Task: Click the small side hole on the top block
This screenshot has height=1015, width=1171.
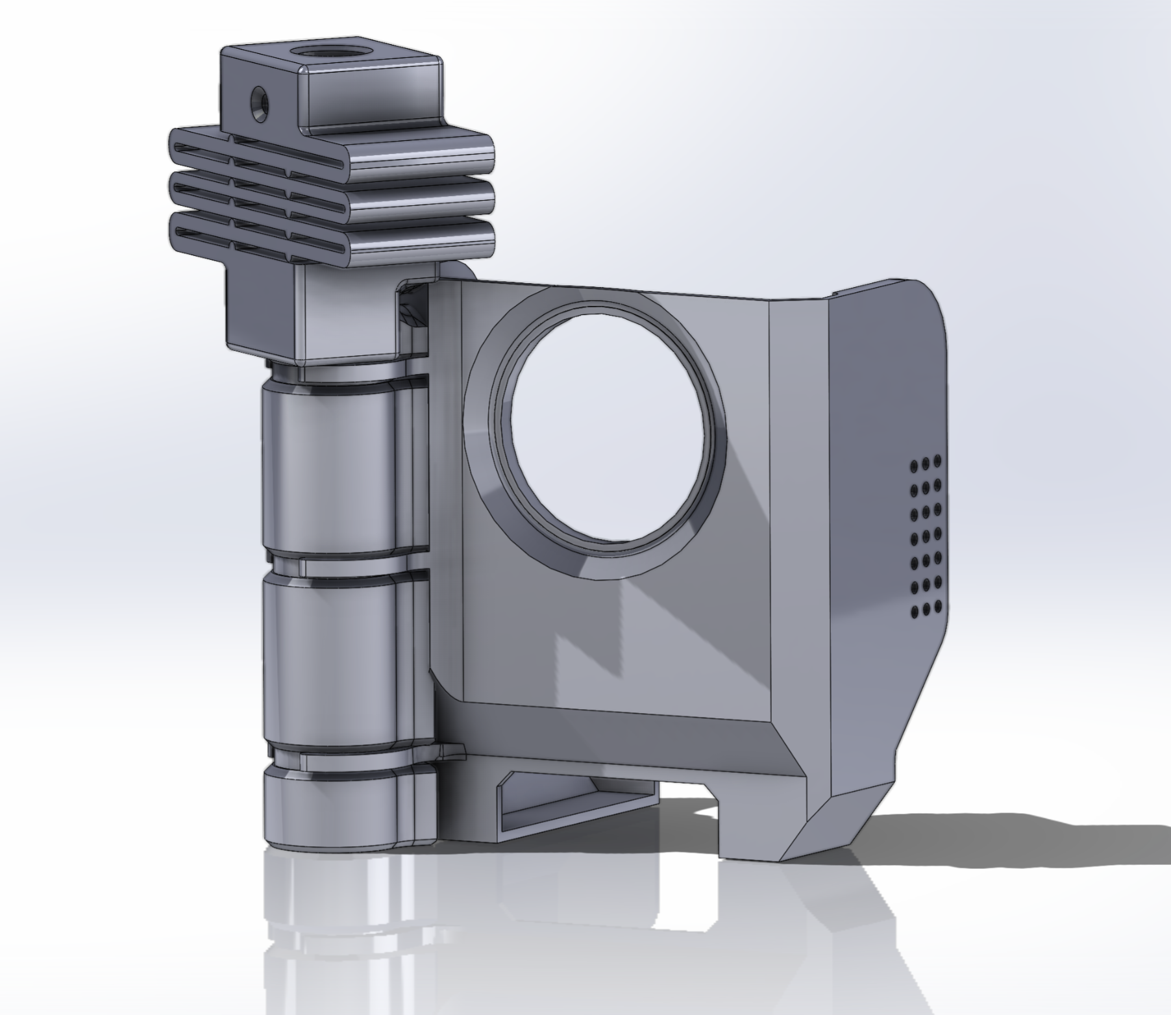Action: point(258,101)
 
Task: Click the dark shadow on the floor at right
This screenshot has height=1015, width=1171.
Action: point(1006,838)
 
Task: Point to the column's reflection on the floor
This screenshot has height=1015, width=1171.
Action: point(325,922)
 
